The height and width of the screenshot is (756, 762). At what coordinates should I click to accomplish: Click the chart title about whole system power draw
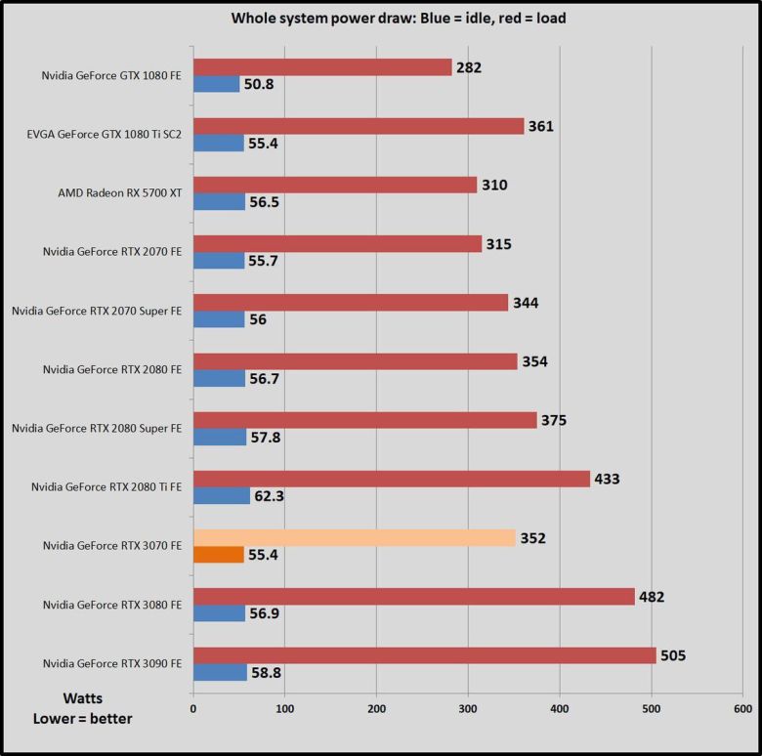pos(398,17)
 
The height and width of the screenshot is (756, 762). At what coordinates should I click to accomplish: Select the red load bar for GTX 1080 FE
pos(322,67)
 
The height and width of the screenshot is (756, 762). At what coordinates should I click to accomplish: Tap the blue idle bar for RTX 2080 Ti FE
pos(222,496)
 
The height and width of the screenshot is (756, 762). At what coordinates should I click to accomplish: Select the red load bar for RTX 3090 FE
pos(424,655)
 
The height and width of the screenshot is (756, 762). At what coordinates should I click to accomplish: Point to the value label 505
pos(673,655)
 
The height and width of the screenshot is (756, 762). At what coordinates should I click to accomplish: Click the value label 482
pos(651,597)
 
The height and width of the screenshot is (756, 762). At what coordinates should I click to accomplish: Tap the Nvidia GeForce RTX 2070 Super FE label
pos(97,311)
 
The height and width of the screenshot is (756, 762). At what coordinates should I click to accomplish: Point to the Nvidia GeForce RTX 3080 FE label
pos(112,605)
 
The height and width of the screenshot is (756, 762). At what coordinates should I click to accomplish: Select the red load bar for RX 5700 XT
pos(335,185)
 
